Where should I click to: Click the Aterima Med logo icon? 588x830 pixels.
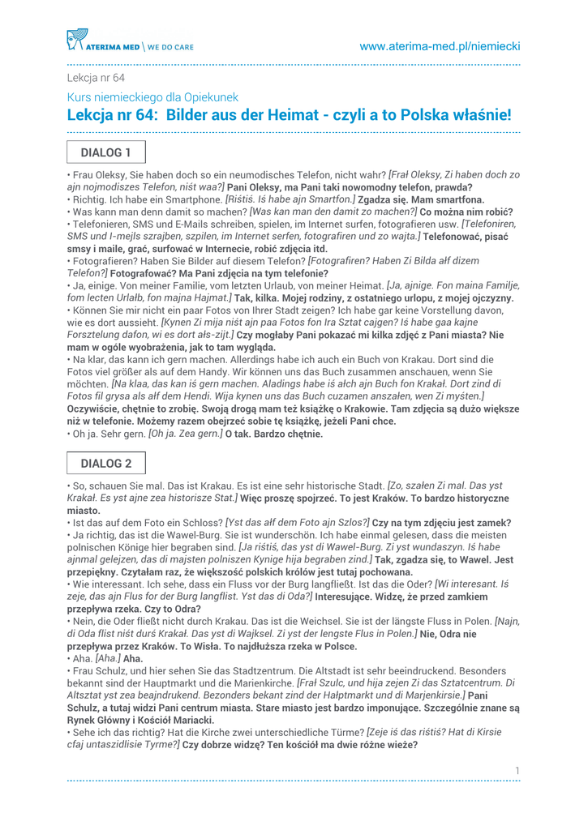point(76,39)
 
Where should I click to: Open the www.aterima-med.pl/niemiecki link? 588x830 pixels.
point(440,46)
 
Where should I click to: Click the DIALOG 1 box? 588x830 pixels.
point(105,152)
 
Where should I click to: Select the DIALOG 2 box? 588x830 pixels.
point(105,464)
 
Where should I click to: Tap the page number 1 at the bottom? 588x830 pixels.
point(517,769)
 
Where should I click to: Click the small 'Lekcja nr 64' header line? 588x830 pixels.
point(96,78)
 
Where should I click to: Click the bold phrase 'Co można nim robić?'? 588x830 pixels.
point(471,211)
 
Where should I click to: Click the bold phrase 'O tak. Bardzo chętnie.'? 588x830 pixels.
point(274,434)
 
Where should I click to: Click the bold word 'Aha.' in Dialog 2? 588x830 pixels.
point(132,659)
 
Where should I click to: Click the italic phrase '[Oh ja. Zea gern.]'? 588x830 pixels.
point(183,434)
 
